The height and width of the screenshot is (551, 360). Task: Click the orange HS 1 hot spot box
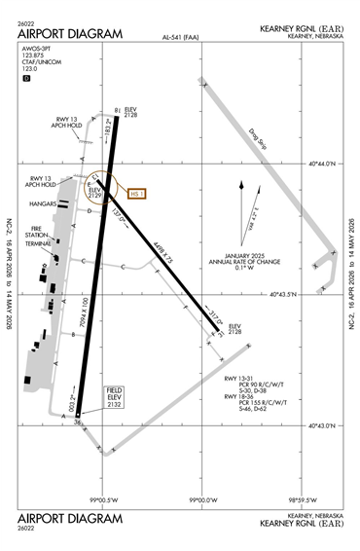134,194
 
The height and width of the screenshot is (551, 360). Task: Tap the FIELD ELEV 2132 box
116,397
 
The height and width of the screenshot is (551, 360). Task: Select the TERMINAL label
38,243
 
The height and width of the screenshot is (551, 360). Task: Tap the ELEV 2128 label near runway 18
130,113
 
